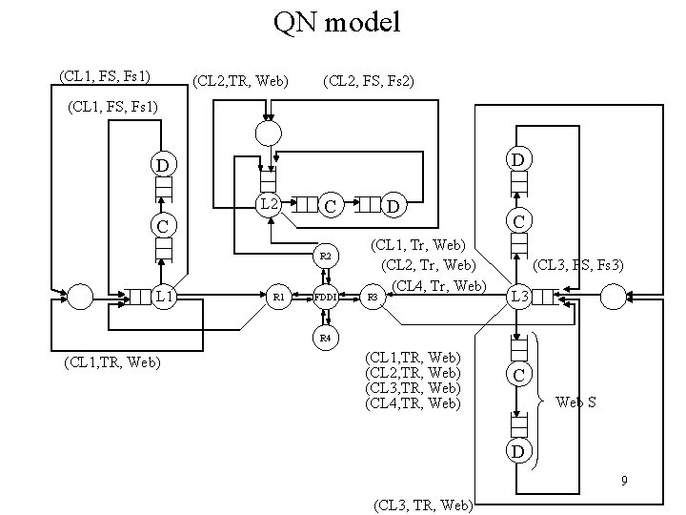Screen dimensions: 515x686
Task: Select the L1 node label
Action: [164, 298]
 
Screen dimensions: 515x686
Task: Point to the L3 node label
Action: [519, 298]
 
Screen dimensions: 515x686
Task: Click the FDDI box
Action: [327, 298]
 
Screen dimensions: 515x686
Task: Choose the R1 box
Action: [278, 298]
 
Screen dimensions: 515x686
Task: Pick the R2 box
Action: [326, 257]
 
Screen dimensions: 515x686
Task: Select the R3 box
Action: [373, 298]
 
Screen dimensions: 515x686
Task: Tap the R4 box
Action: [326, 339]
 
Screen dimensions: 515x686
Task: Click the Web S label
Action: [576, 402]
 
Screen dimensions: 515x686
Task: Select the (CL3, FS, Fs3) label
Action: [578, 264]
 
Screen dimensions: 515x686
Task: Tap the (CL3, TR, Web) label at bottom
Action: [423, 503]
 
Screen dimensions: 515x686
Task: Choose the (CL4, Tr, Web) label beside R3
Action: [439, 285]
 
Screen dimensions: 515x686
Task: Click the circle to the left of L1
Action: [82, 298]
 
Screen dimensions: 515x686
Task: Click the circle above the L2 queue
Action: [269, 131]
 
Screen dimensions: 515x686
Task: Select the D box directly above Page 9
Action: [516, 449]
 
